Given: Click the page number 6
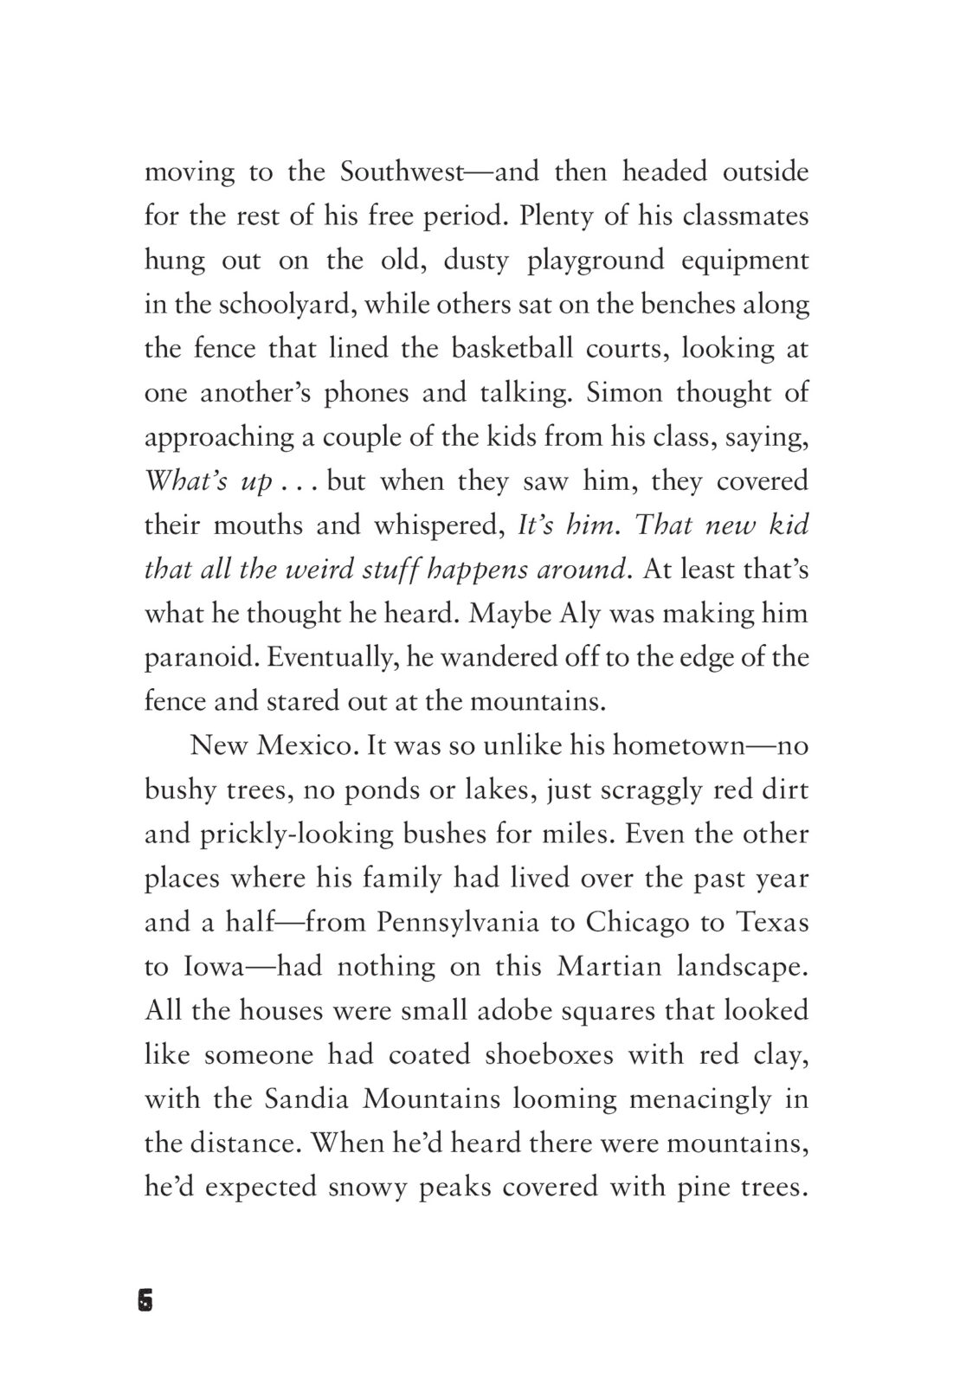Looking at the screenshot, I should click(x=145, y=1301).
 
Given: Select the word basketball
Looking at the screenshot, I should click(x=512, y=349).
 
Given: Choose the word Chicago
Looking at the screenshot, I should click(x=637, y=923).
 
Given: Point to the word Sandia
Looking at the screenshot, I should click(x=304, y=1099).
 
